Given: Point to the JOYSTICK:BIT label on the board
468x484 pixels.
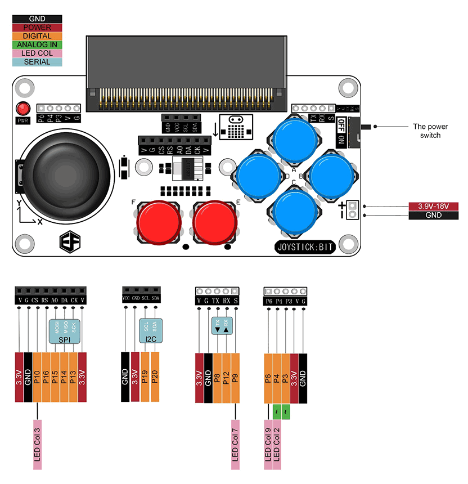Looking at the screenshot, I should (x=305, y=247).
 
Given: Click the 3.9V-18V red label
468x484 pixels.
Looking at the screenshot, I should (x=433, y=206).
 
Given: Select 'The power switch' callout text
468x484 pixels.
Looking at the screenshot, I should (x=430, y=131).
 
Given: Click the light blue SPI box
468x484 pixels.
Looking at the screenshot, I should (x=65, y=331).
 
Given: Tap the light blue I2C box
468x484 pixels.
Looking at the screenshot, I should (x=150, y=330).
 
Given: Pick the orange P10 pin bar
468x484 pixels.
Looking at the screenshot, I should (x=38, y=377).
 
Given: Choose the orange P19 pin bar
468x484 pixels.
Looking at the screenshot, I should (x=146, y=377).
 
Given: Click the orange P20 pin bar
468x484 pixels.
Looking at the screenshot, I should (x=155, y=377).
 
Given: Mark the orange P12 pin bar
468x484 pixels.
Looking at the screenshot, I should (x=227, y=377).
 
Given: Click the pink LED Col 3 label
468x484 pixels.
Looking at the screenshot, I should (x=38, y=445).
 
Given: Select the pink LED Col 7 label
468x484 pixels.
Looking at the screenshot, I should (x=236, y=445).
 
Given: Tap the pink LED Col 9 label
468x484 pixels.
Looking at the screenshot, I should (x=268, y=445).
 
